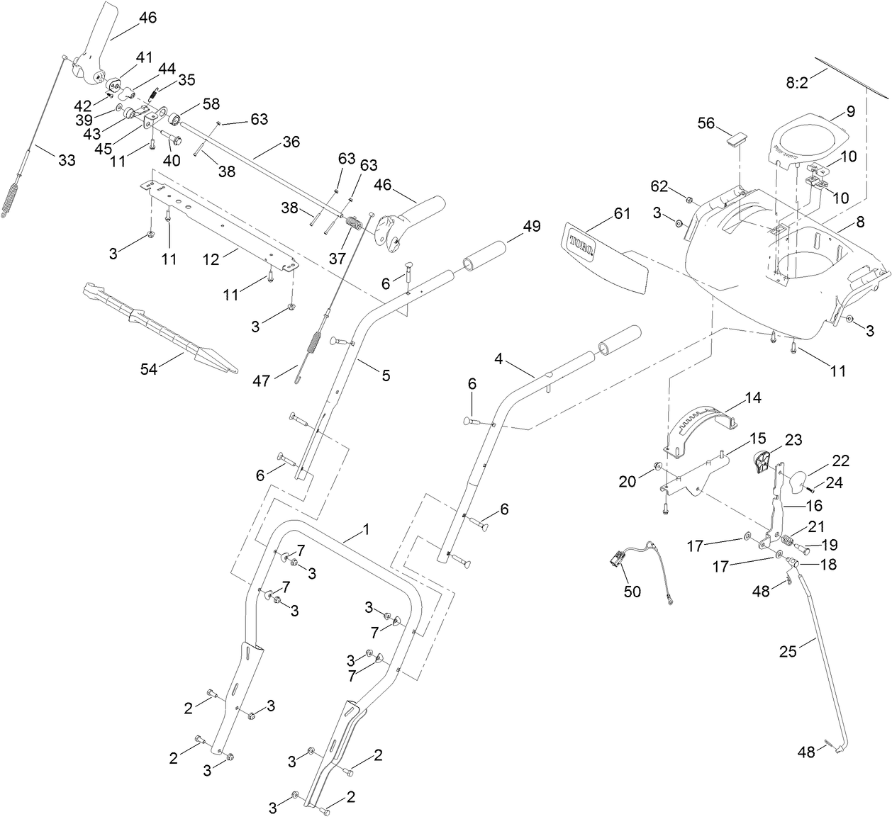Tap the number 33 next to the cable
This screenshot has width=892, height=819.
[x=66, y=161]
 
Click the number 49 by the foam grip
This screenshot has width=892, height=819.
[x=531, y=226]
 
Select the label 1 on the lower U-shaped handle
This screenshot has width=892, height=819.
[x=366, y=529]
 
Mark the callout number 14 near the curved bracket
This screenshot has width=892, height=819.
[x=753, y=398]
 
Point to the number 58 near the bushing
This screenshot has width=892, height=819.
[x=211, y=103]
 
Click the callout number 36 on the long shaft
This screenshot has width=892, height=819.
[x=291, y=141]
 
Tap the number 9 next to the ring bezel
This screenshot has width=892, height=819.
[x=850, y=111]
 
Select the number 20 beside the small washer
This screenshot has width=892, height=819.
[x=628, y=481]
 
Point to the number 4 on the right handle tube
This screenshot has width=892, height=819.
[x=499, y=359]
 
